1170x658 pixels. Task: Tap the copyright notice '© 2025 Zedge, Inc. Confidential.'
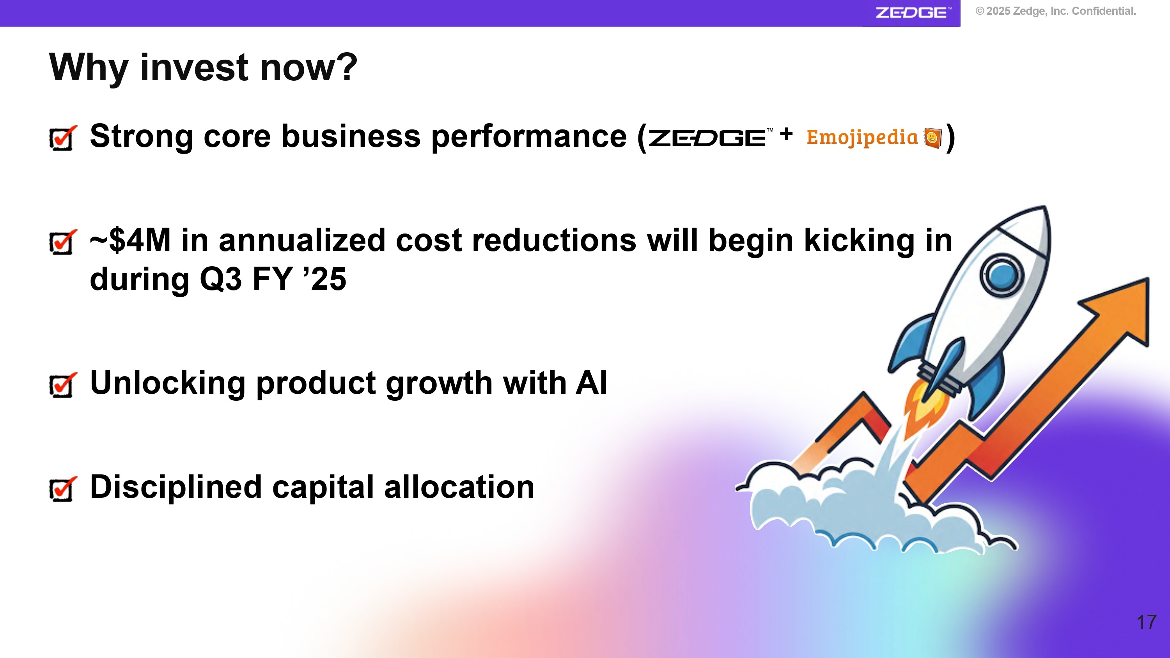pyautogui.click(x=1056, y=11)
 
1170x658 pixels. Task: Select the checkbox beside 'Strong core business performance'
pyautogui.click(x=62, y=138)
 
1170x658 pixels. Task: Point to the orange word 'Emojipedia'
pyautogui.click(x=862, y=137)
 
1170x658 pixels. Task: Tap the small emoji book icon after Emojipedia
pyautogui.click(x=932, y=138)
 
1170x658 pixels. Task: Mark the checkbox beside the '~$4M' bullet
pyautogui.click(x=62, y=242)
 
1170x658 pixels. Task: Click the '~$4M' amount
pyautogui.click(x=130, y=240)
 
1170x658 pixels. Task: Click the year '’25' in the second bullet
pyautogui.click(x=325, y=279)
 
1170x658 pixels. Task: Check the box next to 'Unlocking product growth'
pyautogui.click(x=62, y=385)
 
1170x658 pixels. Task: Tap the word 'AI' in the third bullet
pyautogui.click(x=591, y=383)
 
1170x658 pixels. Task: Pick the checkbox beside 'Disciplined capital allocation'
pyautogui.click(x=62, y=488)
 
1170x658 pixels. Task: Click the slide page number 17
pyautogui.click(x=1146, y=622)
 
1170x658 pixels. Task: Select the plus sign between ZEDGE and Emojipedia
pyautogui.click(x=786, y=134)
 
